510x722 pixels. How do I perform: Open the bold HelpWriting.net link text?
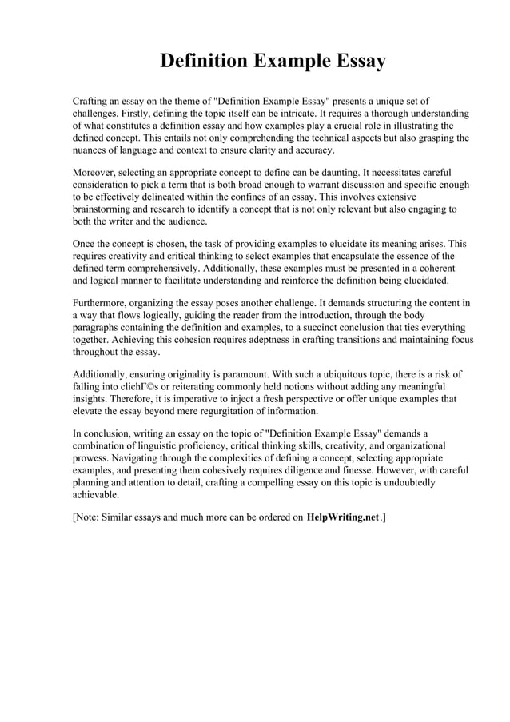(343, 517)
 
